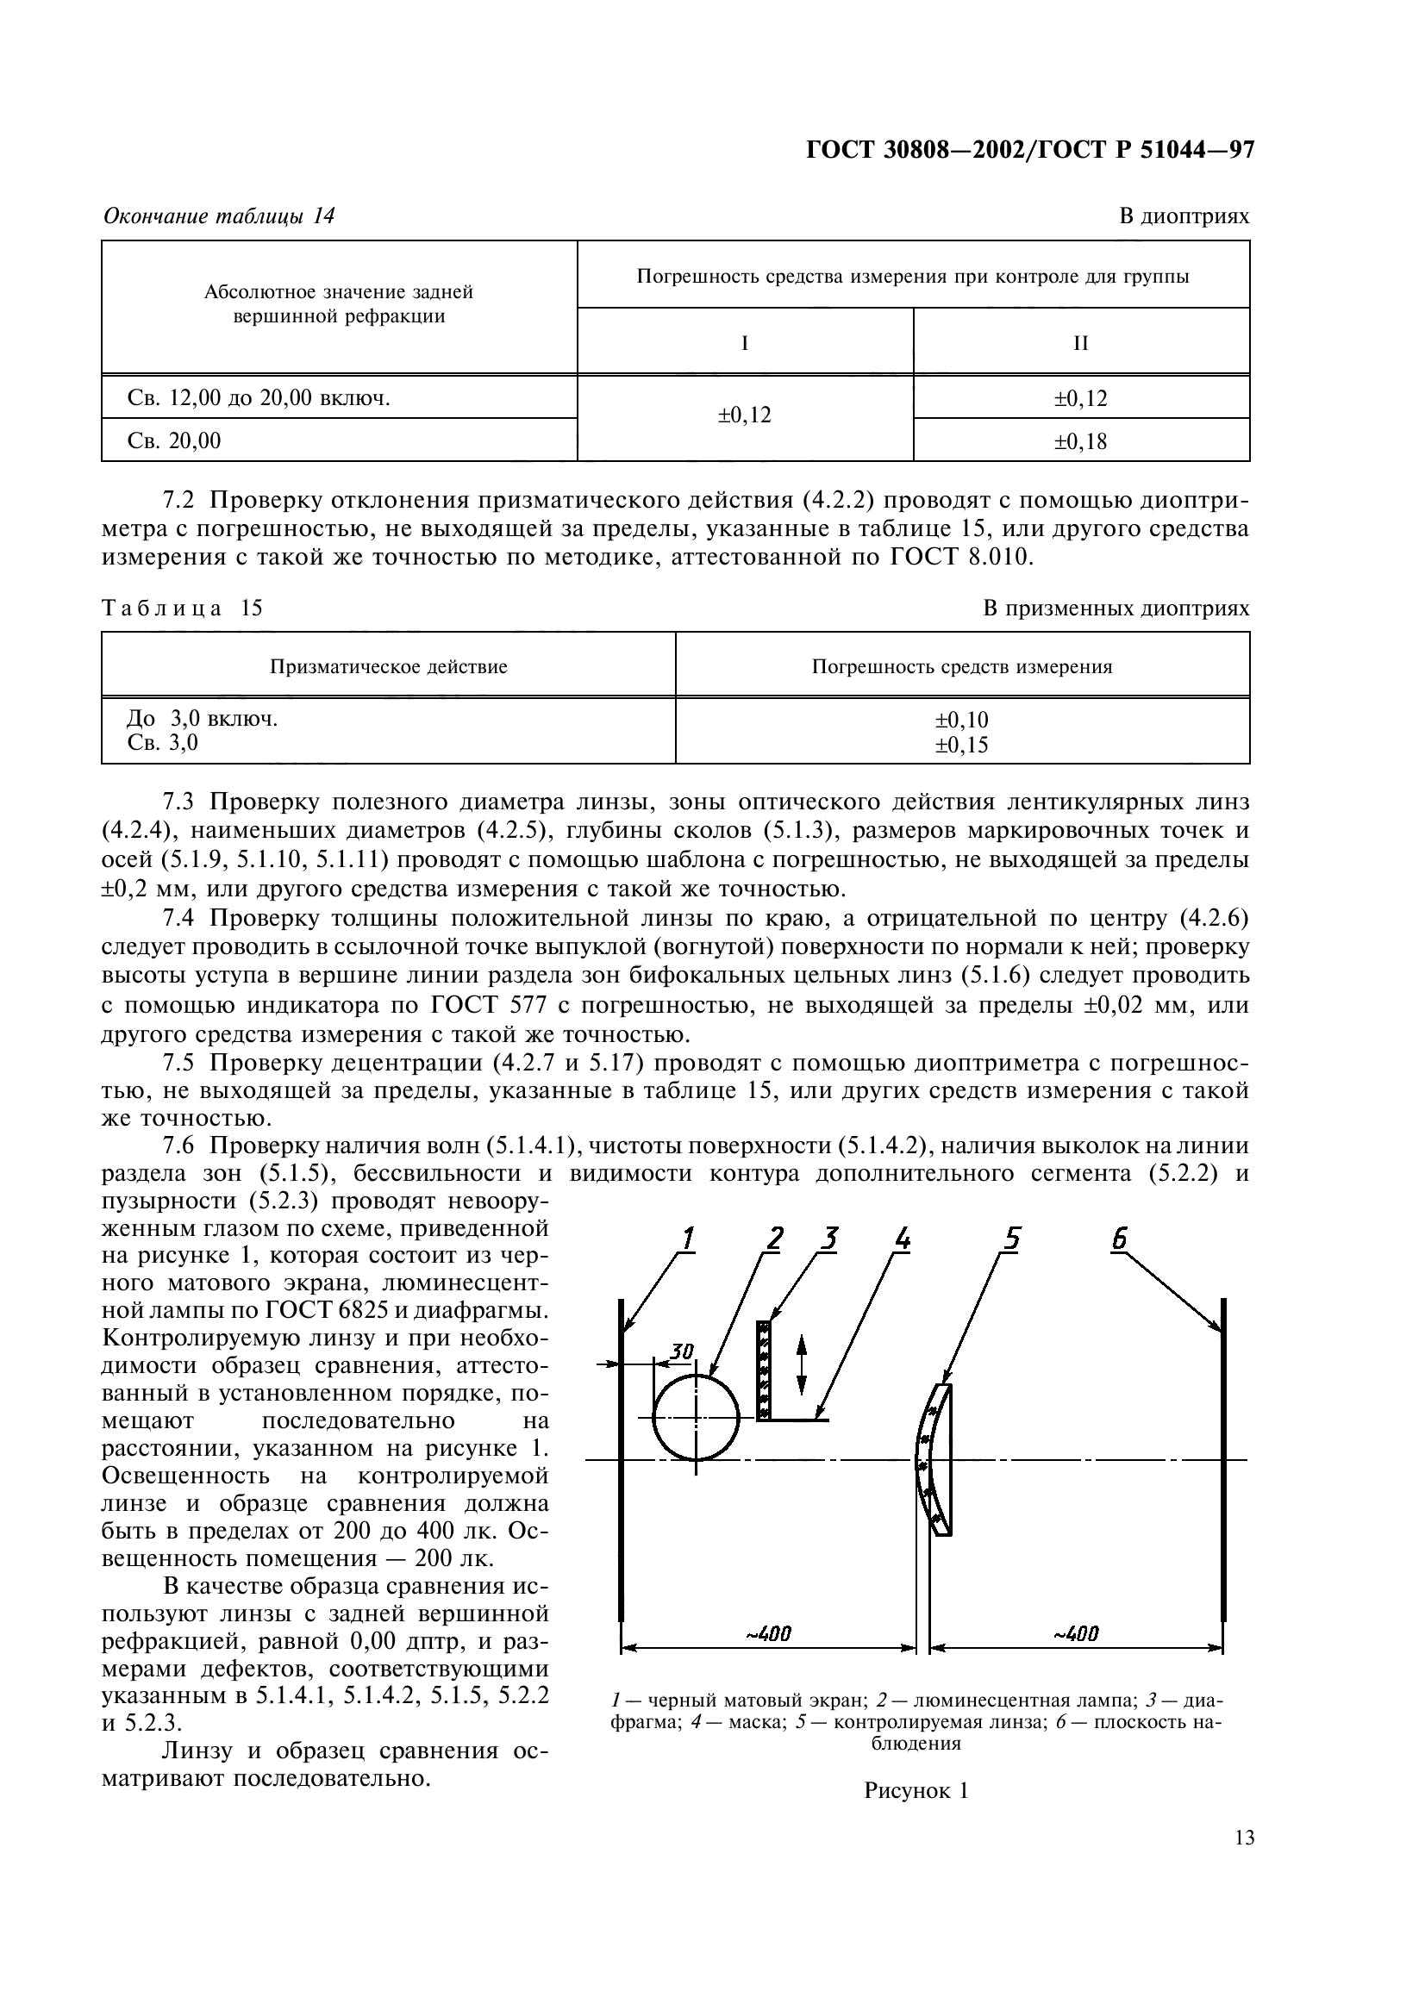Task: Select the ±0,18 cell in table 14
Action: click(x=1080, y=441)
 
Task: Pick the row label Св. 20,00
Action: click(x=174, y=440)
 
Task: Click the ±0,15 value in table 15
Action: click(x=961, y=746)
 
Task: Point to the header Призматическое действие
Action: click(x=388, y=666)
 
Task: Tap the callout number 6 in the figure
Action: click(x=1119, y=1238)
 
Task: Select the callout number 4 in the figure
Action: click(x=902, y=1238)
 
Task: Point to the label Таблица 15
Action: click(x=182, y=609)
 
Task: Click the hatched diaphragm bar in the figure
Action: click(x=764, y=1370)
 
